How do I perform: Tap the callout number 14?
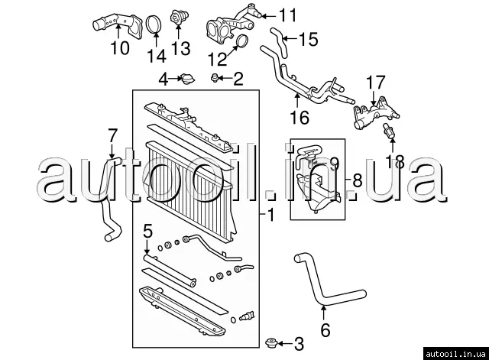(x=156, y=56)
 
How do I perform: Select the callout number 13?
(x=180, y=50)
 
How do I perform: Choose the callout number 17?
(x=374, y=81)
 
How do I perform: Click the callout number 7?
(x=112, y=135)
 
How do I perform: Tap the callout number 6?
(x=325, y=331)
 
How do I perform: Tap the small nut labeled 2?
(x=217, y=78)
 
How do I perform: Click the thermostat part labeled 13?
(x=180, y=18)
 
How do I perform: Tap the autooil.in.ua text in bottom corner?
(x=455, y=352)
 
